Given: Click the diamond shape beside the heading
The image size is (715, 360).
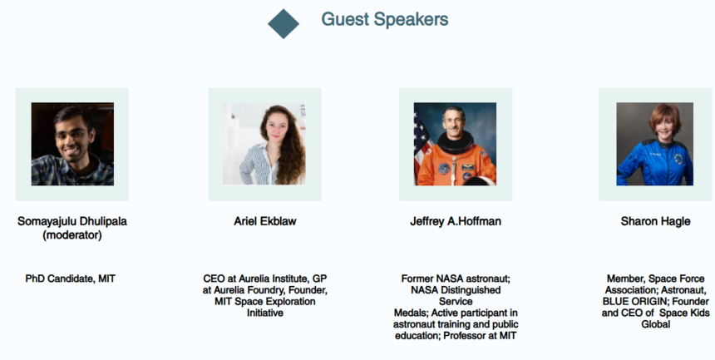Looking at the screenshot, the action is click(x=284, y=24).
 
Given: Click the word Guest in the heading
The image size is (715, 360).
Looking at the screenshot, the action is click(x=345, y=19).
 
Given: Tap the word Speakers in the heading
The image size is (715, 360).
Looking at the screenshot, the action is click(x=411, y=20).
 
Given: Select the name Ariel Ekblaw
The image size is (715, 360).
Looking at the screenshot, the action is click(x=265, y=221).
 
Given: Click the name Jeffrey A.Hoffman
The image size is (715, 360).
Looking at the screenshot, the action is click(x=456, y=221).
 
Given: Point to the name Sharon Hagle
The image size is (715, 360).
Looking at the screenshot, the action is click(x=655, y=221).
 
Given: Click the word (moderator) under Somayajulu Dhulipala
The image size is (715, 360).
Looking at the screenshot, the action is click(x=72, y=235).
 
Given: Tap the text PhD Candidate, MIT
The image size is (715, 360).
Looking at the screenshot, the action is click(x=70, y=279).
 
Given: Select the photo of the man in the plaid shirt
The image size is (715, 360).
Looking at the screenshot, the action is click(x=72, y=144).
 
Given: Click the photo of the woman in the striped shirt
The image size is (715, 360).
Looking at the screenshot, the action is click(x=264, y=144).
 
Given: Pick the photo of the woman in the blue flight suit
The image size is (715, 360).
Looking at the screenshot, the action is click(x=655, y=144).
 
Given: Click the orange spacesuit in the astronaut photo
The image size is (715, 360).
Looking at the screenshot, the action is click(x=456, y=165).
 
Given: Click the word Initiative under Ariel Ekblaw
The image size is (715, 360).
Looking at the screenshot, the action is click(x=265, y=313).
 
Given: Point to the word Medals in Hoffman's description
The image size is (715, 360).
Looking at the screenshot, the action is click(x=411, y=313).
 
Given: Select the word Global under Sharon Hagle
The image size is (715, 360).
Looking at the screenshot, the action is click(x=656, y=324).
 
